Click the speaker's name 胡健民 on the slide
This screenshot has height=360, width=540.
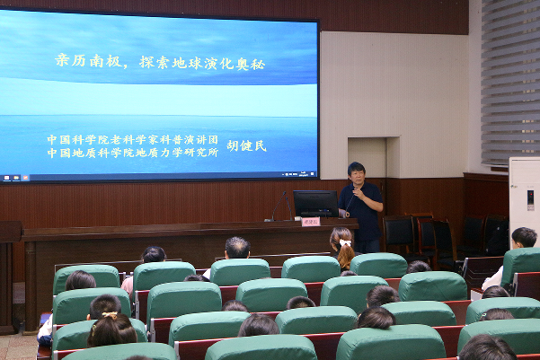coord(246,145)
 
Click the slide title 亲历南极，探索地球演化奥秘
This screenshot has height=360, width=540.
coord(161,63)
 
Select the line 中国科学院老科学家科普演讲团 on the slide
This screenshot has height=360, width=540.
coord(133,140)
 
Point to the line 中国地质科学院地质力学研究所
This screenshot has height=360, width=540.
coord(133,153)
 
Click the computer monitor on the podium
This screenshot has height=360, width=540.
coord(315,204)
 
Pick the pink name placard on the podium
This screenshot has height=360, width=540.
coord(311,222)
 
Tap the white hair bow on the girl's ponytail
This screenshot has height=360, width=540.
coord(343,242)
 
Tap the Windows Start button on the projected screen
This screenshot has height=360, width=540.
coord(5,178)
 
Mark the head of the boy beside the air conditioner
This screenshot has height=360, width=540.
coord(524,237)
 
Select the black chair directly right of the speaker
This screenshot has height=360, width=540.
coord(397,234)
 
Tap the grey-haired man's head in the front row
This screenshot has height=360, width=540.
coord(237,247)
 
